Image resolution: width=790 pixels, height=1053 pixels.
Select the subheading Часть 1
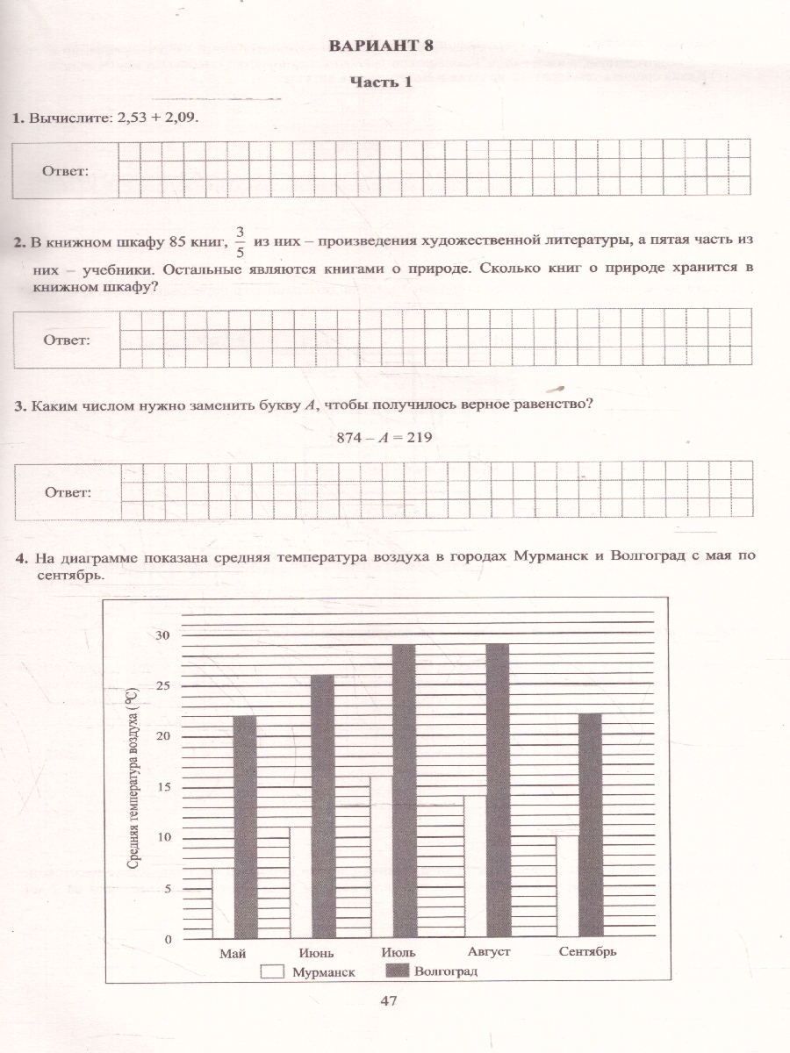click(x=381, y=82)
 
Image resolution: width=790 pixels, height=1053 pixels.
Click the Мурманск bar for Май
click(x=223, y=903)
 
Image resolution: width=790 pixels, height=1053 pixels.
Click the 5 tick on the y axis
click(x=168, y=888)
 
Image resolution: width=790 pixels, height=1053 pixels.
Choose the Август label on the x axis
click(x=489, y=951)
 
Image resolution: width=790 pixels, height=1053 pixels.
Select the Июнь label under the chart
click(x=314, y=952)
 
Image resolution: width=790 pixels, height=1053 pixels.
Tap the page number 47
click(x=391, y=1000)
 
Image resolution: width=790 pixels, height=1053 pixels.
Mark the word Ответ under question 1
click(x=67, y=170)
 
